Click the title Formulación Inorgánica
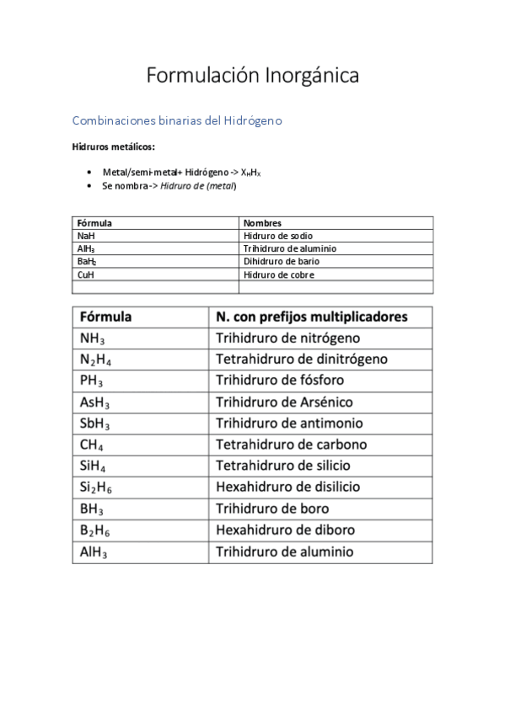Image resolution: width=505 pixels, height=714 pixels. point(252,76)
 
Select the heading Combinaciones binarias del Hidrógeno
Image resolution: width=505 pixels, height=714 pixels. point(177,120)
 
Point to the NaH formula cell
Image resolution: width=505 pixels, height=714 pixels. point(85,237)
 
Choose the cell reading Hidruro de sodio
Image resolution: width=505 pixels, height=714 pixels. point(277,237)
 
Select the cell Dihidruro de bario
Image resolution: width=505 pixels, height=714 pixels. point(281,262)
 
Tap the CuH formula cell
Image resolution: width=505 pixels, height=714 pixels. point(85,274)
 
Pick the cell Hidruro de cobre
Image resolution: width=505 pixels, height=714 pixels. point(278,274)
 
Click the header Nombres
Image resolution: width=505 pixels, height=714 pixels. point(262,224)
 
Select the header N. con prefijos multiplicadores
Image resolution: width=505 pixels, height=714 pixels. point(311,317)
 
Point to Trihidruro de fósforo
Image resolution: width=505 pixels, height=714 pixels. point(279,381)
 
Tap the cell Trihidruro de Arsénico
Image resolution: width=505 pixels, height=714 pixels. point(284,402)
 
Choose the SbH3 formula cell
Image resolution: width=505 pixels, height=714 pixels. point(95,424)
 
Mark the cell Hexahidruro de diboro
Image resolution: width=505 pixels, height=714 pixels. point(285,530)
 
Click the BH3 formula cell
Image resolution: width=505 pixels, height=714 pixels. point(92,509)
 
